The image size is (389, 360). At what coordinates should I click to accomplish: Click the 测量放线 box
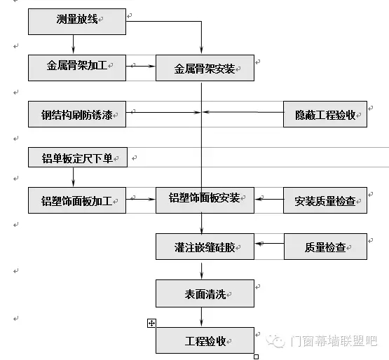point(77,22)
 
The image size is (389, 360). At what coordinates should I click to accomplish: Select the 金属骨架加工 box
point(77,68)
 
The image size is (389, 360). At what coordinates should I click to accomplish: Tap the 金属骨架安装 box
point(205,68)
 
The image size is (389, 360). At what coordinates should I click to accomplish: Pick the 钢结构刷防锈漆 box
point(77,114)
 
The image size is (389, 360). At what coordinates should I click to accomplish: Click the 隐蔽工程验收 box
point(325,114)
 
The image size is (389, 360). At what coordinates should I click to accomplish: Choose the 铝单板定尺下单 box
point(78,157)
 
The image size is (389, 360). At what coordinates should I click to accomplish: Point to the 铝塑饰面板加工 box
point(77,200)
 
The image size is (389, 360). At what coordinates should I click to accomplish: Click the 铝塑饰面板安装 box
point(205,200)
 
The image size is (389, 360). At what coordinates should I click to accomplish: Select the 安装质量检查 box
point(325,200)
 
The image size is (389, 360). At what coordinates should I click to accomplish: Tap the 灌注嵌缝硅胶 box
point(205,247)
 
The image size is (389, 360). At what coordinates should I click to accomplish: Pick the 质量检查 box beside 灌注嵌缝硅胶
point(325,247)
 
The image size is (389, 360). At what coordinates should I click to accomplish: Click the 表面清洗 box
point(205,293)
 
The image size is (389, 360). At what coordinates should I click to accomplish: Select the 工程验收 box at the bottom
point(205,340)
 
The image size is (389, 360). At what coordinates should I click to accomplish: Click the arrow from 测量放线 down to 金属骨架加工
point(73,44)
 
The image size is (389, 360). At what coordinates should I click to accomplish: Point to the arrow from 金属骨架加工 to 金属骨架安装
point(141,67)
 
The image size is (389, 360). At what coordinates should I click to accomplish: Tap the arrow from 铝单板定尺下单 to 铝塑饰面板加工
point(73,176)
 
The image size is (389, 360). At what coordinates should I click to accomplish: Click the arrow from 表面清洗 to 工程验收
point(201,317)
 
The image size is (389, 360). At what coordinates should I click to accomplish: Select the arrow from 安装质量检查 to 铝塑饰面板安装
point(269,199)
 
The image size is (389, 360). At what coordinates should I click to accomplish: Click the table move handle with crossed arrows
point(151,323)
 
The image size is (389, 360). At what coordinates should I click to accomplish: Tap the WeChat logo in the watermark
point(275,341)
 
